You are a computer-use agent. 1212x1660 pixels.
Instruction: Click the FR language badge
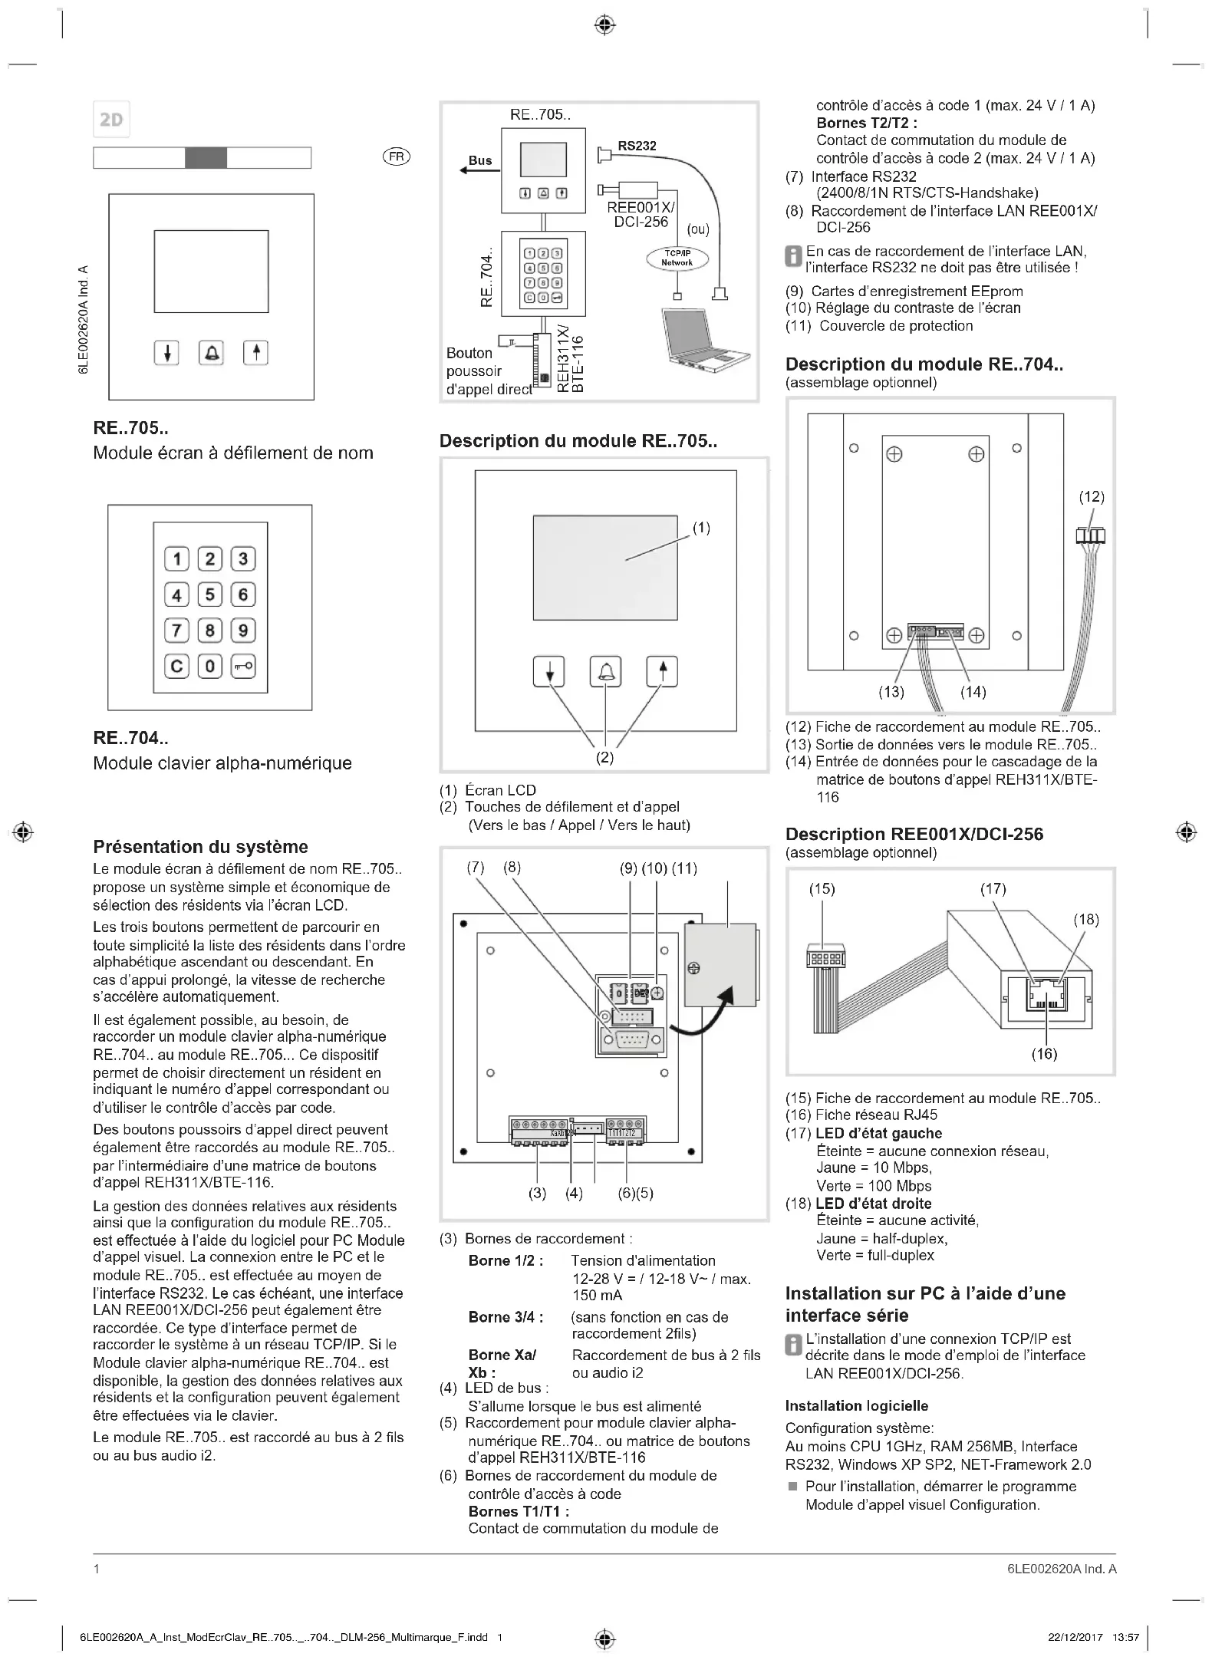(396, 156)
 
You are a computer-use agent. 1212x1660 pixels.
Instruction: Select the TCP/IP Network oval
(677, 259)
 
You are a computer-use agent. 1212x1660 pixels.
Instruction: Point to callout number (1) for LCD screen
(701, 528)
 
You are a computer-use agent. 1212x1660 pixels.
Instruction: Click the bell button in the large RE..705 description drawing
(605, 672)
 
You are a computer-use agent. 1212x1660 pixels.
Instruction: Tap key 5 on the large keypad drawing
(210, 595)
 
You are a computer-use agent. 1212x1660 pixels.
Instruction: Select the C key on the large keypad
(176, 665)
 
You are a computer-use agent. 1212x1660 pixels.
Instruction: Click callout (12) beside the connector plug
(1092, 497)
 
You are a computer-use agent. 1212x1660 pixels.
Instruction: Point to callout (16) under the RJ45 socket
(1044, 1054)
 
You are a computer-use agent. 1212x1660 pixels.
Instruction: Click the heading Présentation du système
(200, 847)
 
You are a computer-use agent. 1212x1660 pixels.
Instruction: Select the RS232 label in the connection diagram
(637, 146)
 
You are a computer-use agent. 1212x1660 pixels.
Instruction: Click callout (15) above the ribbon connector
(822, 889)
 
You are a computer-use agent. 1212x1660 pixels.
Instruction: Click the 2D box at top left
(111, 120)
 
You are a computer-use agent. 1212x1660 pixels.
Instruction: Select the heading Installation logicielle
(856, 1406)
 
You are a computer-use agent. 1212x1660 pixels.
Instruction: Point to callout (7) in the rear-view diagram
(476, 868)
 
